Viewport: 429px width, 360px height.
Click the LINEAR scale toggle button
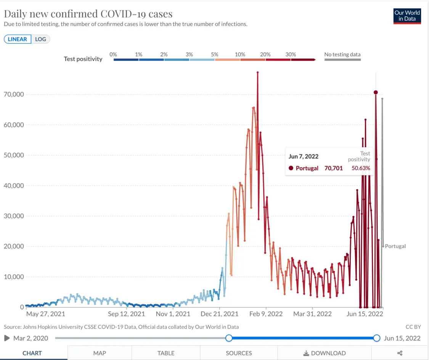point(18,39)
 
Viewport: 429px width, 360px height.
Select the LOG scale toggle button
point(40,39)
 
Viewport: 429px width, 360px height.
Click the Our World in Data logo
point(407,16)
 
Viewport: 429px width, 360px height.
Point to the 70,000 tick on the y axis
point(14,94)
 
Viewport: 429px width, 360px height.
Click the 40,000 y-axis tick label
point(14,186)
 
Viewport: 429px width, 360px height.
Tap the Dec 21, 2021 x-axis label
point(219,314)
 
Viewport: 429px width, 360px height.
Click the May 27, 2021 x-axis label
point(45,314)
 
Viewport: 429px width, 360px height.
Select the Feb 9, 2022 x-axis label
point(266,314)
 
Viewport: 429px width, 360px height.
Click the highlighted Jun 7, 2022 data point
point(376,92)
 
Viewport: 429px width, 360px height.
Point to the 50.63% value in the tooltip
point(361,168)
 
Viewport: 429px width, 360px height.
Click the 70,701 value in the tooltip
point(334,168)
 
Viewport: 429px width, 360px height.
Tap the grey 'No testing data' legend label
point(342,55)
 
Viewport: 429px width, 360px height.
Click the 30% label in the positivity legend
point(291,55)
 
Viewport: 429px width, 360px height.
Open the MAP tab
point(100,353)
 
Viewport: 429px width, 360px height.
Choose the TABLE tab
point(166,353)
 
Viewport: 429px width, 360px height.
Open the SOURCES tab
point(239,353)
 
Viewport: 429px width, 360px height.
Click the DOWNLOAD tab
point(325,353)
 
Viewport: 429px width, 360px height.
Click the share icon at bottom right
point(400,353)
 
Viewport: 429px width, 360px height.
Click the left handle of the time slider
point(229,338)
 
